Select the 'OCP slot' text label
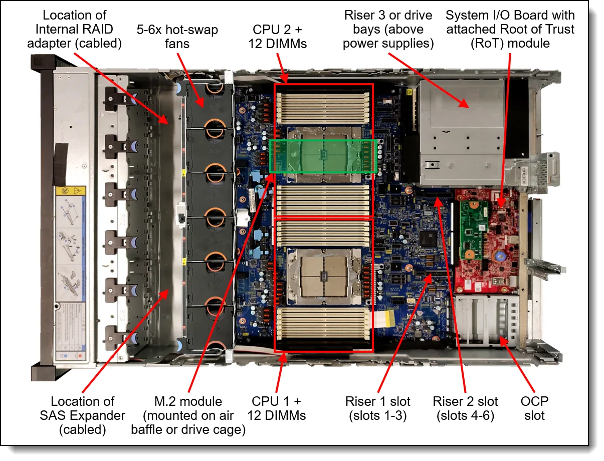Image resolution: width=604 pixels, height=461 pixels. pos(534,408)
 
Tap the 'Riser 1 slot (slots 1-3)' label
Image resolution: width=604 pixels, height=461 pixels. pos(377,408)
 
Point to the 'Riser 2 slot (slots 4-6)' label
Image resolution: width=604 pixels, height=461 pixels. pos(466,408)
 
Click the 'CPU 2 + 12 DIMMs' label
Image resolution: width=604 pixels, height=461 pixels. pos(277,37)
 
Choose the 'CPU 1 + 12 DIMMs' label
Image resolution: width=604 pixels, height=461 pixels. pos(277,408)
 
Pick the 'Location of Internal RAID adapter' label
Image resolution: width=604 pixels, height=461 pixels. pos(82,30)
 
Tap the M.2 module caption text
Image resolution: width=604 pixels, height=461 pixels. pos(188,415)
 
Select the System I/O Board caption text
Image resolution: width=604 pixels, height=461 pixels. pos(510,30)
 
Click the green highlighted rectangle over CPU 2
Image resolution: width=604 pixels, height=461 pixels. pos(323,156)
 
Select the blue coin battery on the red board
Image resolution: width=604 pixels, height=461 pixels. pos(499,255)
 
